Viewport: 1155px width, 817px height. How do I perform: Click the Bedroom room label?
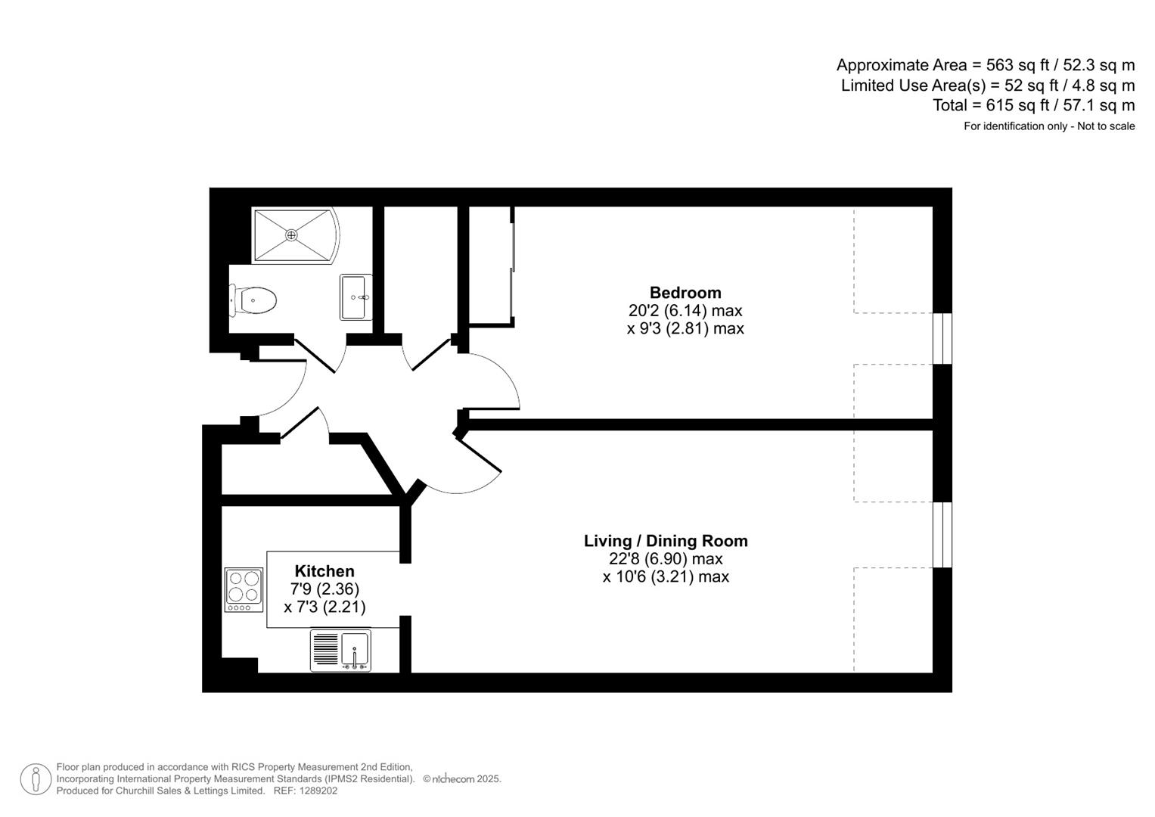point(685,293)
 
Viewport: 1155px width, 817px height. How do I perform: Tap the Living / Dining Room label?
point(665,541)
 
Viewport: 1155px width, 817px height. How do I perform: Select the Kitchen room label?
point(324,571)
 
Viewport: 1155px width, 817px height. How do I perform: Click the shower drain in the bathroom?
point(292,235)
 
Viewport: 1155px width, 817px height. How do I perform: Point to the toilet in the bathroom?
point(254,300)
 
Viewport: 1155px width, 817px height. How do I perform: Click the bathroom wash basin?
point(356,297)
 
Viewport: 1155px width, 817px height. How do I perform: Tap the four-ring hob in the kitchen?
point(244,589)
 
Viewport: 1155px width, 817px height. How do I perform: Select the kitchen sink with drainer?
point(340,651)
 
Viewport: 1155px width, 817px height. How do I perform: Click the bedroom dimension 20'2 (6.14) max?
point(685,311)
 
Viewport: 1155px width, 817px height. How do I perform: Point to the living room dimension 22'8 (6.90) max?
point(665,559)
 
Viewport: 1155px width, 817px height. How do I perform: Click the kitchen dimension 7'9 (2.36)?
point(324,589)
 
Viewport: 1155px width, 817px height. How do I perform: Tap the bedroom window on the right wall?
point(942,338)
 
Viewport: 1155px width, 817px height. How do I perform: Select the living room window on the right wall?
point(942,534)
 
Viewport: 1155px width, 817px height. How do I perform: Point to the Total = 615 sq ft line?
point(1033,105)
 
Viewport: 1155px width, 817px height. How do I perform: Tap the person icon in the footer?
point(35,779)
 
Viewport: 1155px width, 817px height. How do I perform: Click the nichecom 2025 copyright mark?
point(462,779)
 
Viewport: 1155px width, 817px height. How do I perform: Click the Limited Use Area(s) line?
point(987,85)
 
